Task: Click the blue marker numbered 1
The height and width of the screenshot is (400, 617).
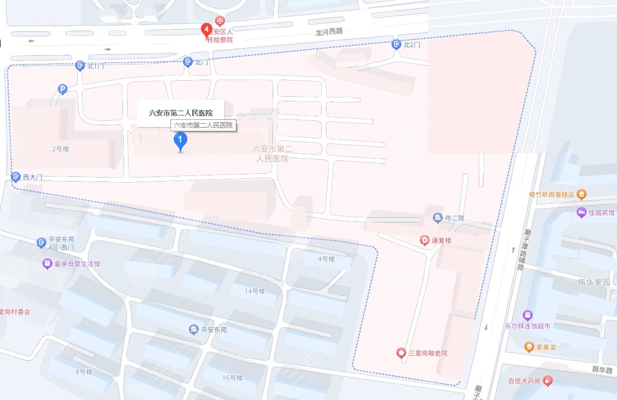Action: tap(180, 142)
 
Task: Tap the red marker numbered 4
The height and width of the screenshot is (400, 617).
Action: tap(206, 30)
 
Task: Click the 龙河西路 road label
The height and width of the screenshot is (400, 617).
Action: tap(329, 31)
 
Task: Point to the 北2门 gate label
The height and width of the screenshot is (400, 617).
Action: tap(412, 45)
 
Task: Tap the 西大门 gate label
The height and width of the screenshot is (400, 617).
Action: tap(32, 177)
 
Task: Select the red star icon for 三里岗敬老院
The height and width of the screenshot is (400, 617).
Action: tap(401, 353)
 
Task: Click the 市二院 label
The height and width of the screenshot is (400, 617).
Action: tap(455, 218)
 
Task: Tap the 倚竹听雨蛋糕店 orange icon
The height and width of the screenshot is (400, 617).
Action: tap(582, 194)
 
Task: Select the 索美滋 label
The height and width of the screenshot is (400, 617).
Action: tap(545, 347)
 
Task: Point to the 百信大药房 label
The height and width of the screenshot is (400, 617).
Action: tap(524, 381)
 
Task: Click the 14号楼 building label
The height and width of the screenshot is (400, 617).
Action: tap(254, 291)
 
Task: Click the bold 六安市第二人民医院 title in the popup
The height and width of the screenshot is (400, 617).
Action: tap(180, 113)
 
